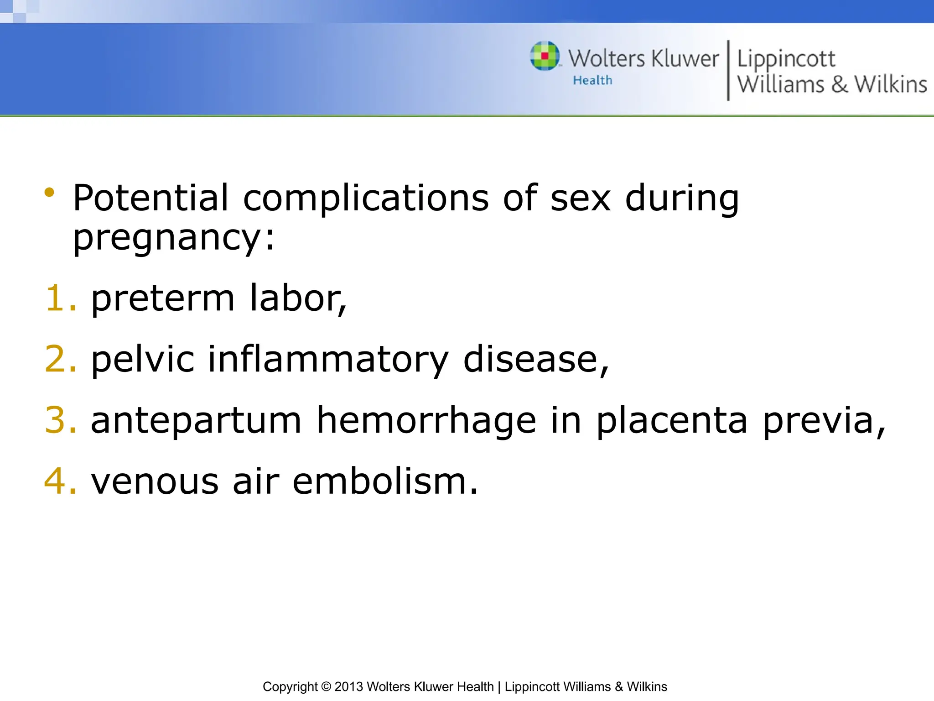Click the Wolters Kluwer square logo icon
coord(545,56)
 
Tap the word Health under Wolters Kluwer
coord(592,80)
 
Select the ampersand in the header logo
coord(839,84)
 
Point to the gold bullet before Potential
coord(49,192)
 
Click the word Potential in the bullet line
coord(150,198)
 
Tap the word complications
coord(366,199)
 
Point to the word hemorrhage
coord(426,420)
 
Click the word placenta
coord(672,420)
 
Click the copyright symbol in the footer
coord(326,687)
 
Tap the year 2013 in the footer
coord(348,687)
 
